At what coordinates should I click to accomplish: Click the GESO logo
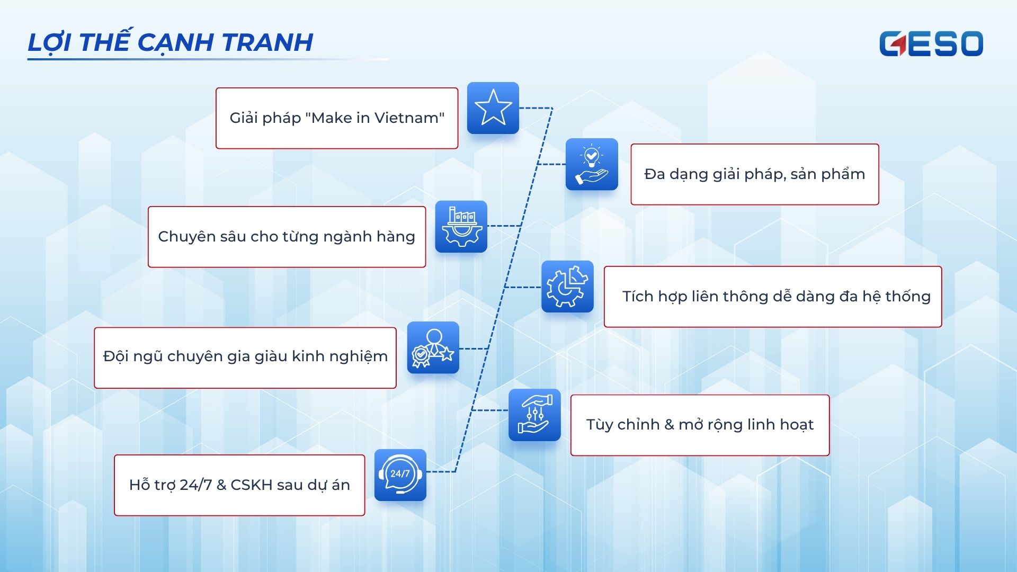(x=931, y=43)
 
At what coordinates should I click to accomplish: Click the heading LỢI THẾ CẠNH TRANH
(x=170, y=42)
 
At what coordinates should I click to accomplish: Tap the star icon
(x=493, y=108)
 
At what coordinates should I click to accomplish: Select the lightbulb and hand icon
(x=592, y=164)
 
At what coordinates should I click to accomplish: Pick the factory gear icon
(x=461, y=226)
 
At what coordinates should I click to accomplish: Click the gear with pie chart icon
(x=567, y=287)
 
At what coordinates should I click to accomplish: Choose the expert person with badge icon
(x=433, y=347)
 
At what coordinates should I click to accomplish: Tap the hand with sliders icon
(x=534, y=415)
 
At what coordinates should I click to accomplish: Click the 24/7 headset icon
(x=400, y=475)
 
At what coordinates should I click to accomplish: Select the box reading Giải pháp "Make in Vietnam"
(x=337, y=118)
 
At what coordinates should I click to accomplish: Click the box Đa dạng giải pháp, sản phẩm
(x=755, y=174)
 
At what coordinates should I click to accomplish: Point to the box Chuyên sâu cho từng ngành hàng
(x=287, y=237)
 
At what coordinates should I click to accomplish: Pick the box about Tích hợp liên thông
(x=773, y=297)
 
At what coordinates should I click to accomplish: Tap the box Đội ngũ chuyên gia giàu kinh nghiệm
(x=245, y=358)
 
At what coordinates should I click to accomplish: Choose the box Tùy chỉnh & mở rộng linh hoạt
(x=700, y=425)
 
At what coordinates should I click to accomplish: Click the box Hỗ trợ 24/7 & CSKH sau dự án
(x=239, y=485)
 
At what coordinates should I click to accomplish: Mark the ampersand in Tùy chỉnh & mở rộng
(x=669, y=425)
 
